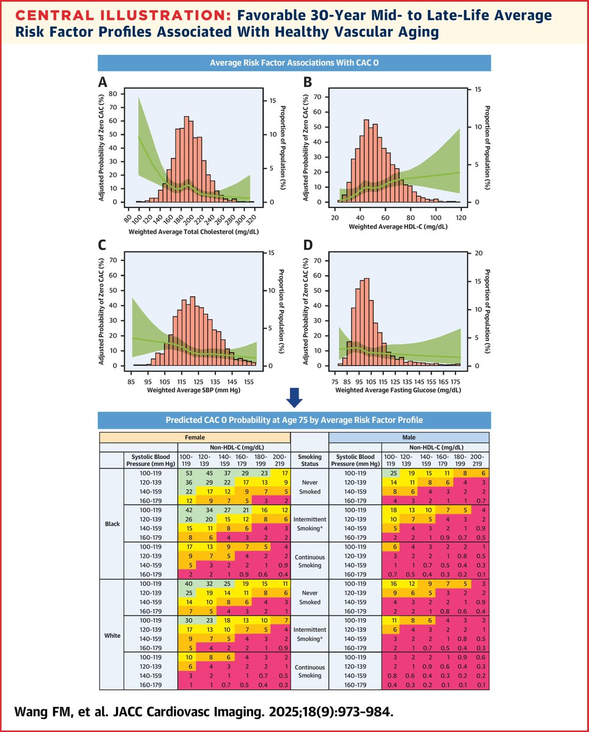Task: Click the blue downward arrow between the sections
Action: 294,397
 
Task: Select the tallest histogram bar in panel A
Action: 186,159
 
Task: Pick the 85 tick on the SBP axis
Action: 131,381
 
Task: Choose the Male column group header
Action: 409,437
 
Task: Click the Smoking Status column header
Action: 309,459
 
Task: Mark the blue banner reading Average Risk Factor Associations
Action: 294,62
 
